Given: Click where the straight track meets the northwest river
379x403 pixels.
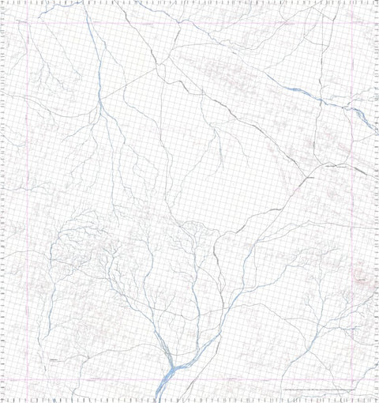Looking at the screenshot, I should click(101, 100).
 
